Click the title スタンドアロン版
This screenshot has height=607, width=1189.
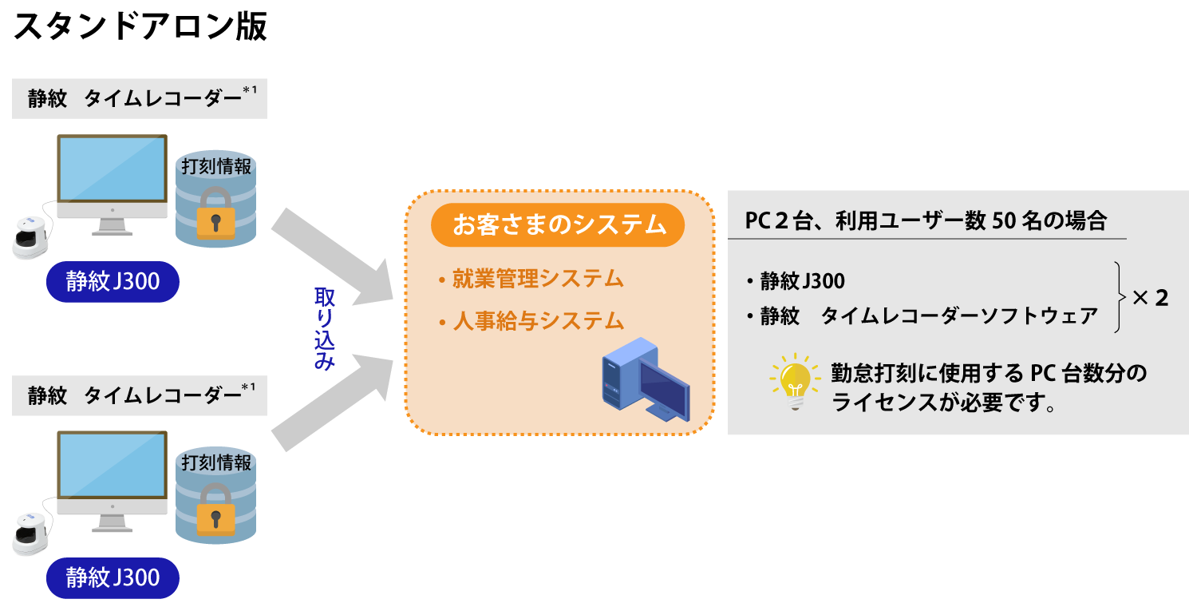click(x=140, y=27)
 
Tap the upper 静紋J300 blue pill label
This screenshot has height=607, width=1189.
click(x=113, y=281)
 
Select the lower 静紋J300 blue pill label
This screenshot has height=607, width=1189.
click(x=113, y=577)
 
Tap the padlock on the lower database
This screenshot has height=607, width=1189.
click(x=215, y=509)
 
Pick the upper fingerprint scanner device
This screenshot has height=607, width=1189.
click(x=31, y=235)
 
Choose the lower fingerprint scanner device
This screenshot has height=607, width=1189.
click(x=31, y=531)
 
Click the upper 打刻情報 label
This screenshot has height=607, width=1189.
click(x=216, y=167)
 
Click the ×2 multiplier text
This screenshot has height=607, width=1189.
click(x=1150, y=298)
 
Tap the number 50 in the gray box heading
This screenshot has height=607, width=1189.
click(x=1001, y=221)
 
